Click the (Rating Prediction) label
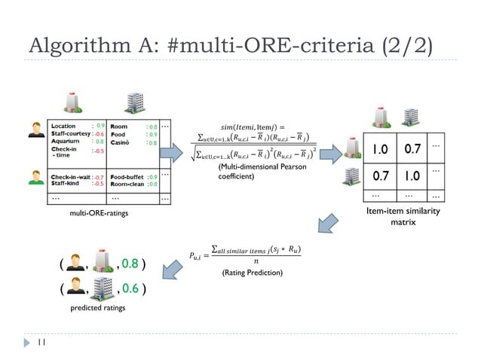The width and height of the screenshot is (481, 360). point(252,272)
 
